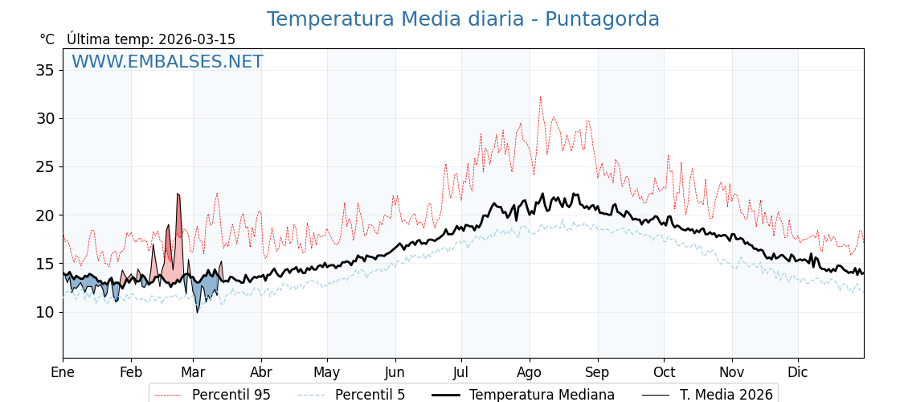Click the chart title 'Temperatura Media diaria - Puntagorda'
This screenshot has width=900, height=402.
point(463,19)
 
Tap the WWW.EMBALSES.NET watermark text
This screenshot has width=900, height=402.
point(167,62)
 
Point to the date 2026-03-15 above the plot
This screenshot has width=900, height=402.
point(197,39)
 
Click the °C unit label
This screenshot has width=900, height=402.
point(47,39)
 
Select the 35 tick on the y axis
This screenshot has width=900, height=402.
point(45,70)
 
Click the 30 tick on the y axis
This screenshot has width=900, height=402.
point(45,118)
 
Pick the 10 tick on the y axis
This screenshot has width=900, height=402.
point(45,312)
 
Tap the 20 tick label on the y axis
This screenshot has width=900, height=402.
point(45,215)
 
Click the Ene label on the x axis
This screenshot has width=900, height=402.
point(63,372)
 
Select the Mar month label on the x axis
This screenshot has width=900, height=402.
point(193,372)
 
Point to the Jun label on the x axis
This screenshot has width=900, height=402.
point(395,372)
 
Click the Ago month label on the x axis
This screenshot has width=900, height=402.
point(530,372)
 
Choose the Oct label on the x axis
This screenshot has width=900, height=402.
point(664,372)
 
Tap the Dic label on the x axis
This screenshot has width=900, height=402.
point(798,372)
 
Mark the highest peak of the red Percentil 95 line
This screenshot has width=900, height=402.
point(540,97)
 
